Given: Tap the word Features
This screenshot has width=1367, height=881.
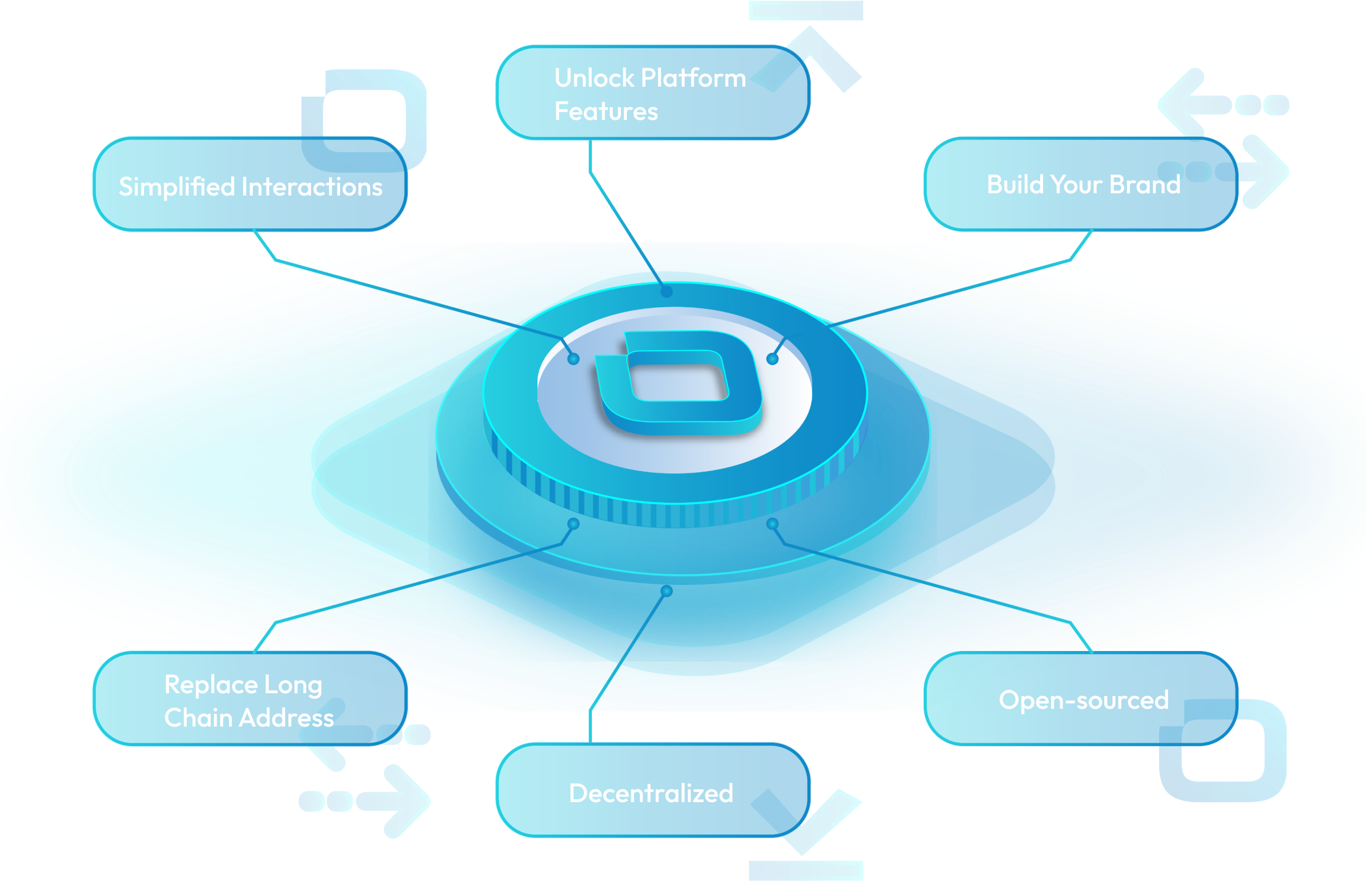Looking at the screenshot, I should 606,111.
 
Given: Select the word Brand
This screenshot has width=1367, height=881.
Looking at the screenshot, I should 1145,185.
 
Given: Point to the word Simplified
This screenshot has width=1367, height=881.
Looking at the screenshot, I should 177,187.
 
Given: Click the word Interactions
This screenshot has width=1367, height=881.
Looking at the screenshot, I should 312,187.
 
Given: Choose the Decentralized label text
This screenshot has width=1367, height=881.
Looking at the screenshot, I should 651,793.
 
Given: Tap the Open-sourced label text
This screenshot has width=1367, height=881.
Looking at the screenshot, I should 1083,700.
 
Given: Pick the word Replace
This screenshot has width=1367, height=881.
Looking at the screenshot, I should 211,685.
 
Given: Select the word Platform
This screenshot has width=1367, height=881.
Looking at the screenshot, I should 694,78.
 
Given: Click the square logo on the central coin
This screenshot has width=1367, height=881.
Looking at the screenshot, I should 678,382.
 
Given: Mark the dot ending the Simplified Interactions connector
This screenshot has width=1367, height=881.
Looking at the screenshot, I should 573,359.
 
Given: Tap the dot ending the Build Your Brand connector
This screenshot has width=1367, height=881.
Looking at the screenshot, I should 772,359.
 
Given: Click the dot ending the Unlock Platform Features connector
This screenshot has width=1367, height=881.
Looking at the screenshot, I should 667,292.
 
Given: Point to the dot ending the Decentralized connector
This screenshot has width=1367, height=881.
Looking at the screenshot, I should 667,591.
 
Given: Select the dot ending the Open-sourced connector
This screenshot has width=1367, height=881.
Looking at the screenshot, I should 772,524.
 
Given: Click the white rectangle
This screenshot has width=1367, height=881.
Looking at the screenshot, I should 102,836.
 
